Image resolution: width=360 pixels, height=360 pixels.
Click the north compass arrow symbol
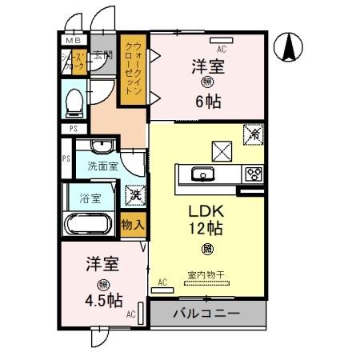[x=289, y=48]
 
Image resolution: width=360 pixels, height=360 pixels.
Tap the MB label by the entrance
[x=73, y=40]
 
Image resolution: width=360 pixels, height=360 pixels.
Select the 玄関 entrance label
[x=102, y=55]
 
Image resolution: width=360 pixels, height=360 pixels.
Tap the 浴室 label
[x=90, y=198]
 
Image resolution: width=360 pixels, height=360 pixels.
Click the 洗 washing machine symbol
[x=134, y=194]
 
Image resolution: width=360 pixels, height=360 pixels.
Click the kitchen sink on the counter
[x=200, y=174]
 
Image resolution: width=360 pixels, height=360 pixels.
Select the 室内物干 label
[x=206, y=274]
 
